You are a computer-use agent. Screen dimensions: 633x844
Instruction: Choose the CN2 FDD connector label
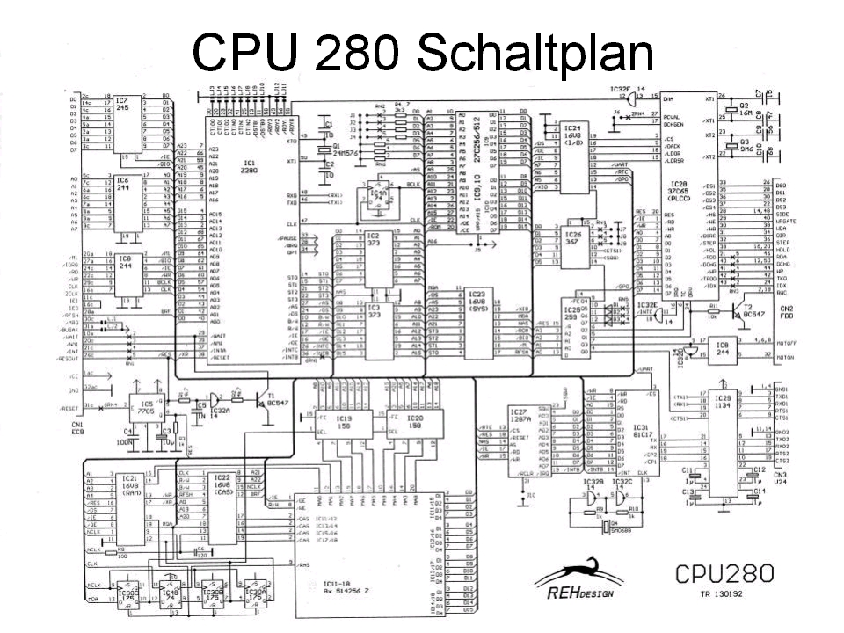pyautogui.click(x=785, y=311)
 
